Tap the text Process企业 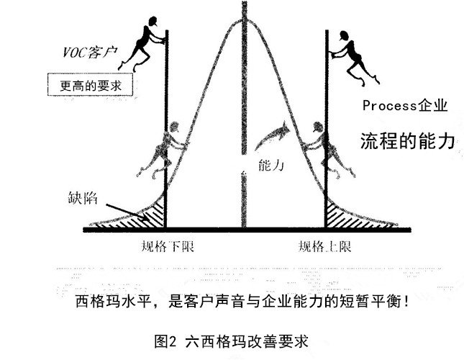[405, 107]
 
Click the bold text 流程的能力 [408, 141]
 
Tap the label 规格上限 [325, 248]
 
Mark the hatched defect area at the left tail [152, 215]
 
